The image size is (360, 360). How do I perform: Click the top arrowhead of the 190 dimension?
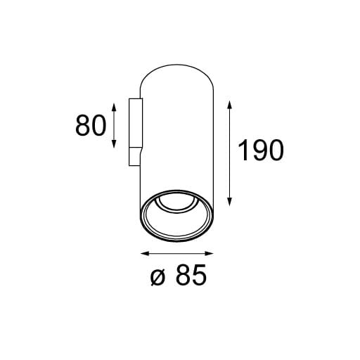231,102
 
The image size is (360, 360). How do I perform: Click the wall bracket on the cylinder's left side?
134,132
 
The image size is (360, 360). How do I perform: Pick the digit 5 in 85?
200,276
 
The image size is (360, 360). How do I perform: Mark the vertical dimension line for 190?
231,150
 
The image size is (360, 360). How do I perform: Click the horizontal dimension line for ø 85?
177,253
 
